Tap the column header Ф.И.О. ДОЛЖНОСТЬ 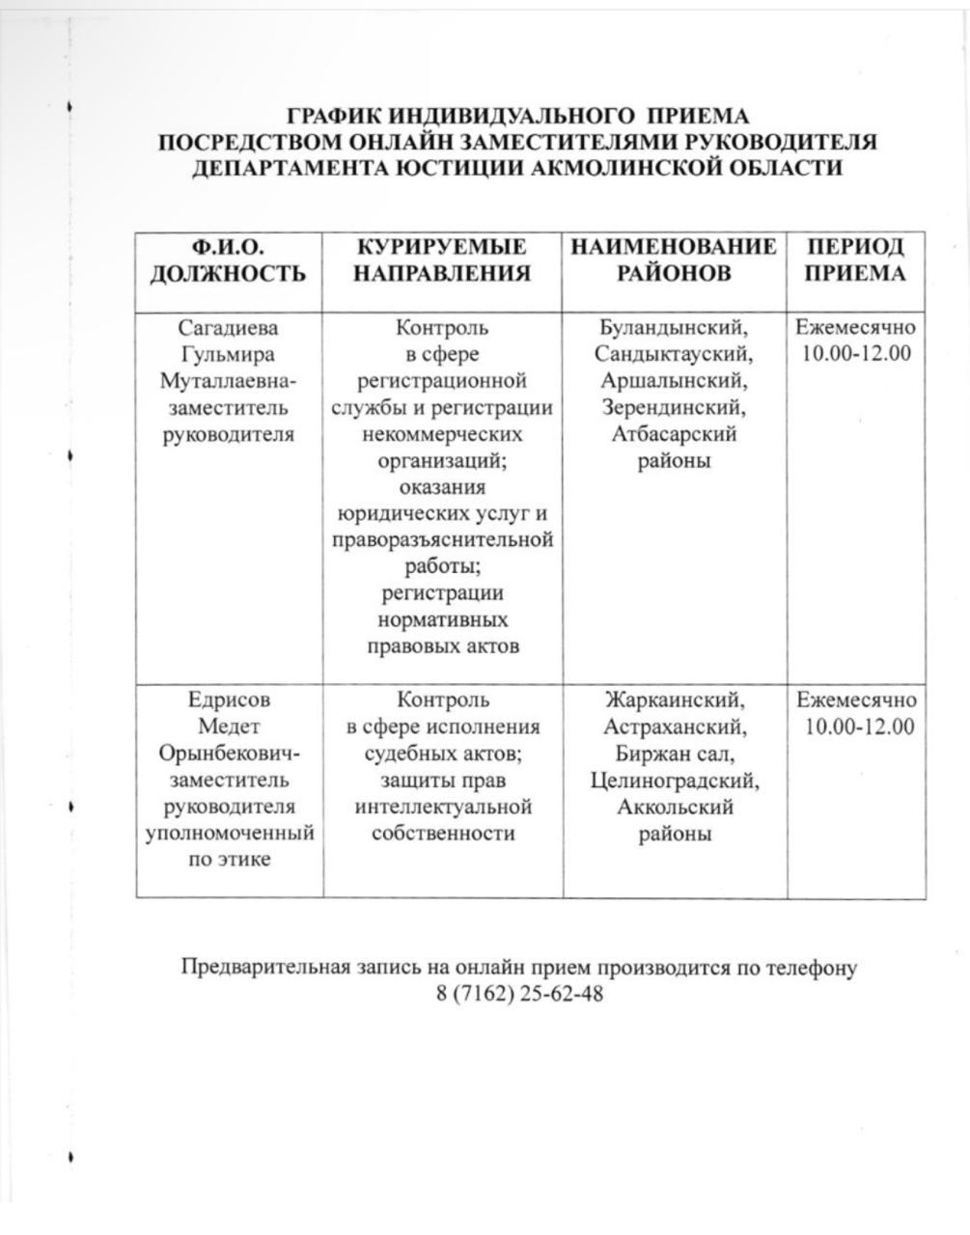click(229, 261)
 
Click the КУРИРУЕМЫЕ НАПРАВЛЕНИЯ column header click(442, 261)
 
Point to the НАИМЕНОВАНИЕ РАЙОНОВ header click(674, 261)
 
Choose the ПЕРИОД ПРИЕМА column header click(855, 261)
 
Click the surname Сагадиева click(229, 328)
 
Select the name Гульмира click(228, 354)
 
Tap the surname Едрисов click(228, 700)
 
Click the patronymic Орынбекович click(229, 754)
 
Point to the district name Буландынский click(674, 328)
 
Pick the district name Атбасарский click(674, 434)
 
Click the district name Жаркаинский click(675, 700)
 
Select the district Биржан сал click(675, 754)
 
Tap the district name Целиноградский click(675, 780)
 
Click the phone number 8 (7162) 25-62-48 click(519, 994)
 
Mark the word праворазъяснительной click(442, 539)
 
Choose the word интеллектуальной click(443, 806)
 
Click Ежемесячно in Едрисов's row click(857, 700)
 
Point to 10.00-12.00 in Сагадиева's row click(856, 353)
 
